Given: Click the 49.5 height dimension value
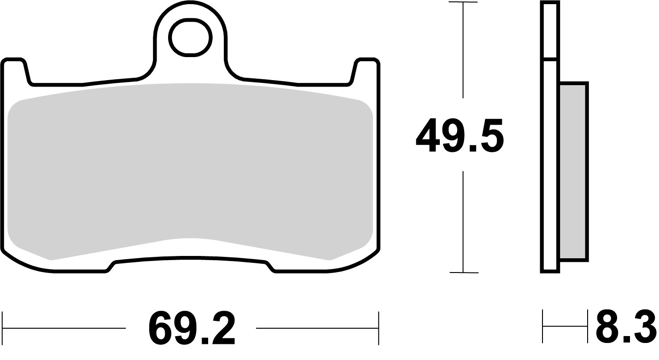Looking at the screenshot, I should (x=459, y=135).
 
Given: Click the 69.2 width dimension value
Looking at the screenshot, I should (x=192, y=329).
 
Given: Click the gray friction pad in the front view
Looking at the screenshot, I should (x=190, y=170).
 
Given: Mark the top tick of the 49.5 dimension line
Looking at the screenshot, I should (x=463, y=3).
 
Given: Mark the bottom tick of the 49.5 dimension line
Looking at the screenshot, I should (x=463, y=273).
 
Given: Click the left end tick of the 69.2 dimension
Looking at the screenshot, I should (x=3, y=328).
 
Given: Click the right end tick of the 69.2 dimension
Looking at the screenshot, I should (x=378, y=328).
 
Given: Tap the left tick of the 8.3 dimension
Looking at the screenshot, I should (x=543, y=327).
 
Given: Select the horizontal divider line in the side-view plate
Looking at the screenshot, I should (x=550, y=59).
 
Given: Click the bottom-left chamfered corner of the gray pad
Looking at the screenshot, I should (x=28, y=251).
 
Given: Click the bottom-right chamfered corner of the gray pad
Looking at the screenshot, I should (x=352, y=251).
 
